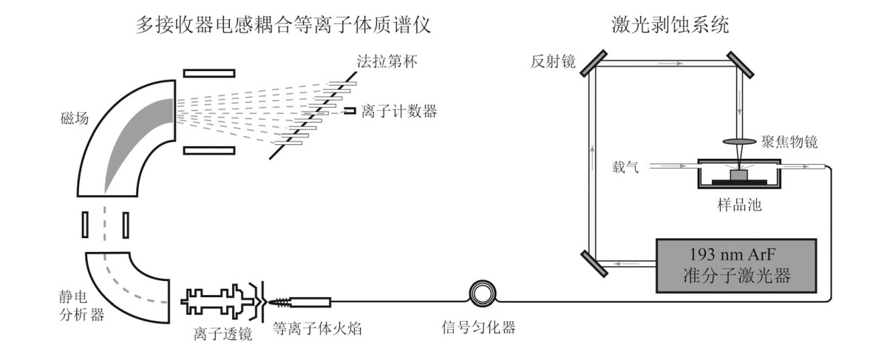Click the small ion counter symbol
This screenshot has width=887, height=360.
(348, 112)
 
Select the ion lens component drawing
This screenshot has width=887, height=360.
(220, 303)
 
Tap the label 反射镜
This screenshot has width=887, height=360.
(548, 58)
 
